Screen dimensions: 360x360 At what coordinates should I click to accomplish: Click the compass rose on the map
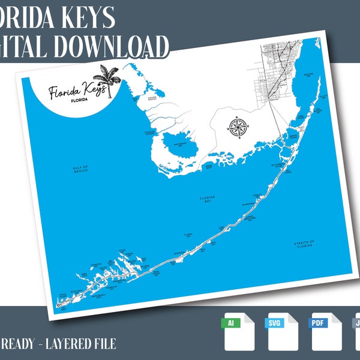[236, 126]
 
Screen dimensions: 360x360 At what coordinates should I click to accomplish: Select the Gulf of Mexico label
[80, 169]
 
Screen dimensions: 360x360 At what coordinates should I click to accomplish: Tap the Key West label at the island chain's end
[62, 295]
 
